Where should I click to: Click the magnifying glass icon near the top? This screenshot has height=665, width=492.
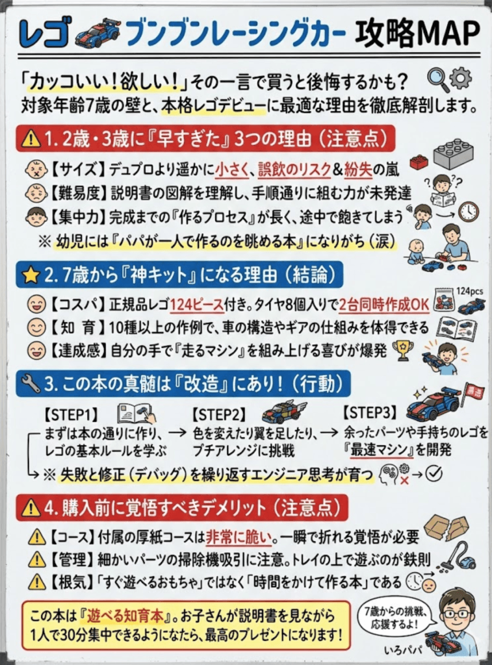tap(437, 79)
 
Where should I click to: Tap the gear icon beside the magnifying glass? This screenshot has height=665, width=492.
tap(461, 78)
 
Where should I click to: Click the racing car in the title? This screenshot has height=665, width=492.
tap(97, 32)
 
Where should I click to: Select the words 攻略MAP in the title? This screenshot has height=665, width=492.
tap(417, 31)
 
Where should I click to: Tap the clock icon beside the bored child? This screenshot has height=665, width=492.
tap(468, 211)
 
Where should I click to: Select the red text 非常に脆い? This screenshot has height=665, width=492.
tap(234, 537)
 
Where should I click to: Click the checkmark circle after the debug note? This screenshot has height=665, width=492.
tap(434, 474)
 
